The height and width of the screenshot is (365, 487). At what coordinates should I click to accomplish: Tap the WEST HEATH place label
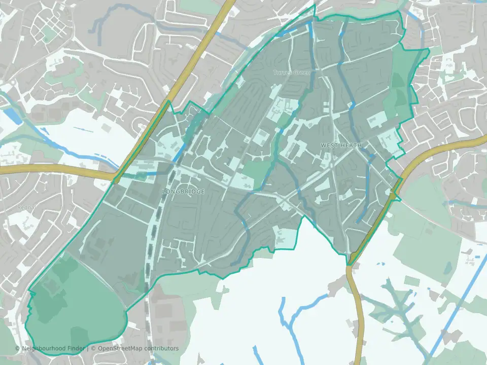341,145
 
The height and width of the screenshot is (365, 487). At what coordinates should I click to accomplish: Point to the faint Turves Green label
291,72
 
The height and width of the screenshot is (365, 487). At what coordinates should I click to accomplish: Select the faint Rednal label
24,208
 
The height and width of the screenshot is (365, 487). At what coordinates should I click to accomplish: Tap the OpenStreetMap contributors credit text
138,349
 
